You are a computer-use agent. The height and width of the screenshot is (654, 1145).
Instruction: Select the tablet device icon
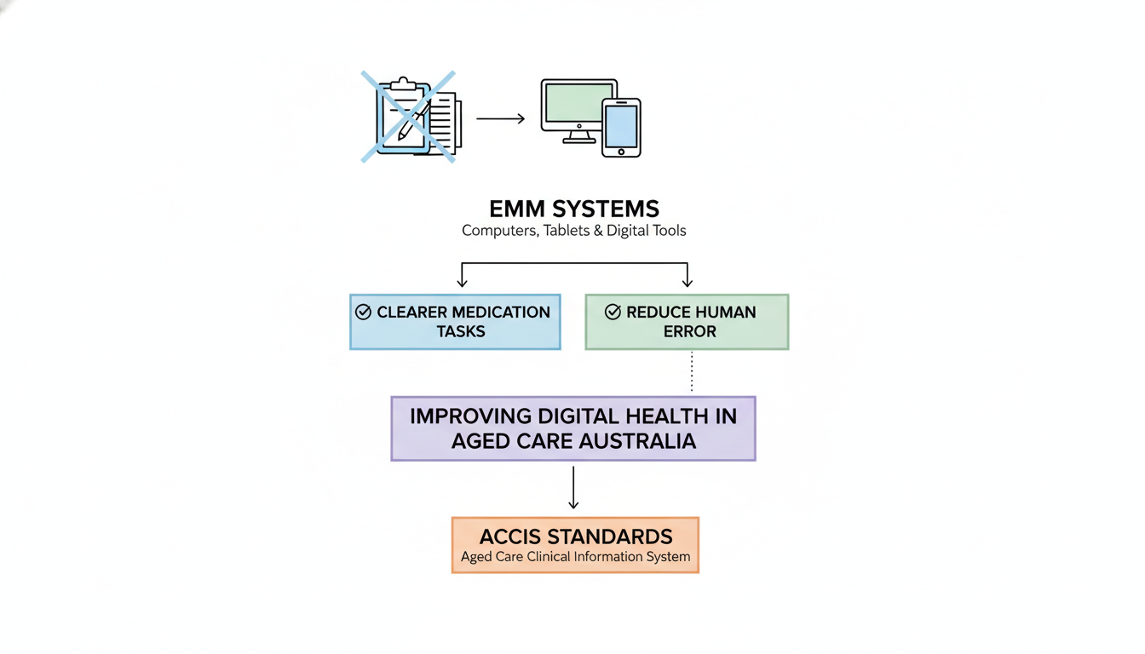click(621, 128)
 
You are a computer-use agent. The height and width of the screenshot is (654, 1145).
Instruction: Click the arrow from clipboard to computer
click(500, 118)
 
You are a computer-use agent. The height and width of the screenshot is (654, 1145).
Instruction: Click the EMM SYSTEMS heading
click(573, 209)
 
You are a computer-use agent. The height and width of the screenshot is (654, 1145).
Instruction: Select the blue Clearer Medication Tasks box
click(455, 322)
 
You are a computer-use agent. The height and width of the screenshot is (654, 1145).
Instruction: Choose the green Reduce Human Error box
click(687, 322)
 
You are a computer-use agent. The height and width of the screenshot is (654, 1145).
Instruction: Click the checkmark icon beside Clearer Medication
click(363, 313)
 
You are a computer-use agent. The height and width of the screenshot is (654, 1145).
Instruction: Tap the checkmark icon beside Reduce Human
click(613, 313)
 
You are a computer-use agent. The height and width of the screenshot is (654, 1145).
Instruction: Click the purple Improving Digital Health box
click(572, 428)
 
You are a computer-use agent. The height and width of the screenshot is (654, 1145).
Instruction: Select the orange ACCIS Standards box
click(575, 545)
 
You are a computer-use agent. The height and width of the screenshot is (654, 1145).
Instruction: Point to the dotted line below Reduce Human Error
click(692, 372)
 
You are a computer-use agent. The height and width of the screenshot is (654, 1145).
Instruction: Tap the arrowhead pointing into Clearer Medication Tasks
click(463, 283)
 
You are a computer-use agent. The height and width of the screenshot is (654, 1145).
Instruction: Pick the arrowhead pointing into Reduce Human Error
click(688, 283)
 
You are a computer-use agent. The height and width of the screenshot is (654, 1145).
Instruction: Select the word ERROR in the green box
click(690, 331)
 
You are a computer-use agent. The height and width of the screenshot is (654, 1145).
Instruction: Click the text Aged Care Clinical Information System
click(575, 557)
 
